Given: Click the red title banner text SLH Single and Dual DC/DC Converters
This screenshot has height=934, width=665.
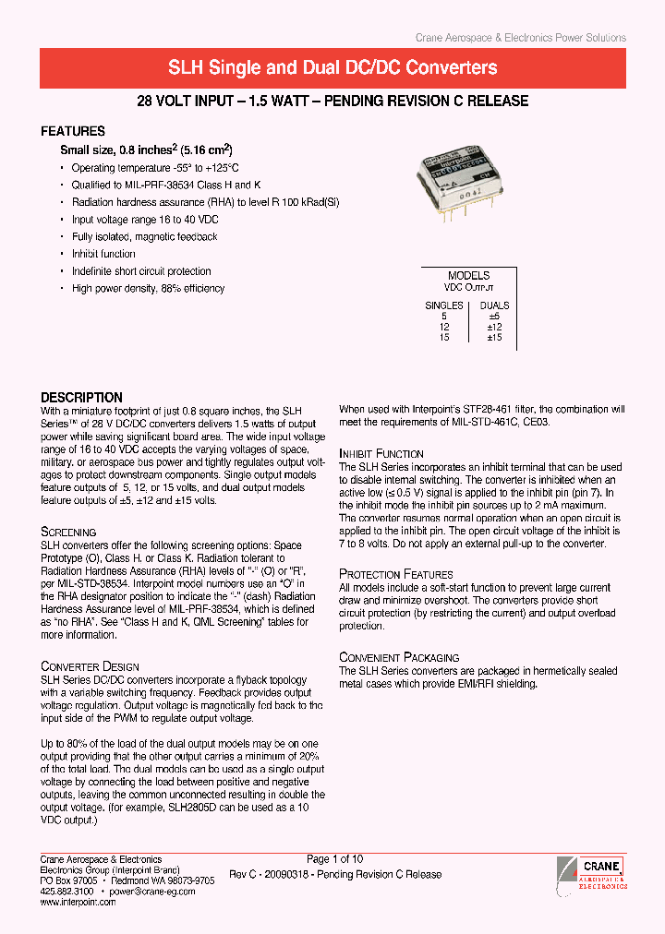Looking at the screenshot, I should pyautogui.click(x=332, y=68).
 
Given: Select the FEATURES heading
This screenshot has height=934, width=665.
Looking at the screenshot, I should pyautogui.click(x=73, y=131).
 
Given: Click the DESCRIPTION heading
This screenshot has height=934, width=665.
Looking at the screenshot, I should pyautogui.click(x=81, y=398).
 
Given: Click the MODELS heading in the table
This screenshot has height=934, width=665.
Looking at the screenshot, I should pyautogui.click(x=468, y=276).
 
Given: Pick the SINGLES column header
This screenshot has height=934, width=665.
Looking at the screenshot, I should pyautogui.click(x=443, y=305).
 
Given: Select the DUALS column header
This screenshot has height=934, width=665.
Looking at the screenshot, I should pyautogui.click(x=494, y=305).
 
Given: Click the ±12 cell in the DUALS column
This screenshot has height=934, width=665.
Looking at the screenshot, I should pyautogui.click(x=494, y=327).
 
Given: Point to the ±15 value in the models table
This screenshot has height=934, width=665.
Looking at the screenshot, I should pyautogui.click(x=494, y=338).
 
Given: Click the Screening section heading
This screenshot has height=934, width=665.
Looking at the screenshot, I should pyautogui.click(x=68, y=533).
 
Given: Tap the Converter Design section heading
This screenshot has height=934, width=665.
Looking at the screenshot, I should pyautogui.click(x=91, y=666).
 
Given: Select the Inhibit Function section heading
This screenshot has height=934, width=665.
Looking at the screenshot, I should pyautogui.click(x=381, y=454).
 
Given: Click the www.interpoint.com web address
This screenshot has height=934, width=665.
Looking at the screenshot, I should pyautogui.click(x=79, y=902).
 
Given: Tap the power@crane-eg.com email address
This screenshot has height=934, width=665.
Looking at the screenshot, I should pyautogui.click(x=153, y=892).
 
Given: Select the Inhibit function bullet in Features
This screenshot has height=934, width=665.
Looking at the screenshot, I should pyautogui.click(x=103, y=254).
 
